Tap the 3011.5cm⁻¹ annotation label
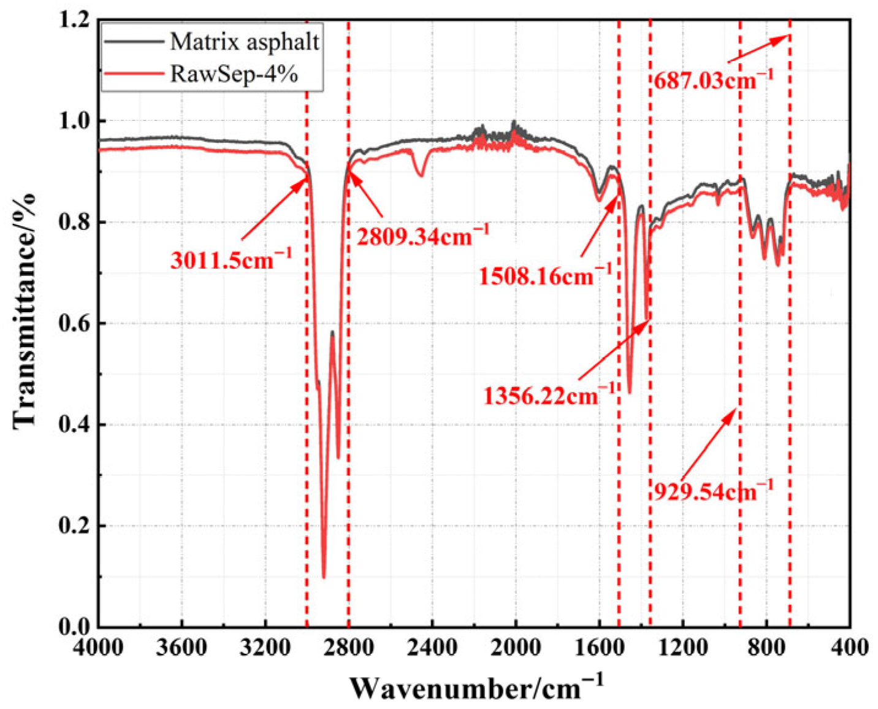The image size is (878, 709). click(x=231, y=261)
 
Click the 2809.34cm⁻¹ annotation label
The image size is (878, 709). click(x=423, y=236)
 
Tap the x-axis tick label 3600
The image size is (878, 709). click(x=181, y=648)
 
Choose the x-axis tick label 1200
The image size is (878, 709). click(x=682, y=648)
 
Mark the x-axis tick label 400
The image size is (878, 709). click(x=850, y=648)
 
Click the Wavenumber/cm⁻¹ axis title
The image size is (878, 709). click(x=476, y=687)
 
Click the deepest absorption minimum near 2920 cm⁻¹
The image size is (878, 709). click(x=324, y=575)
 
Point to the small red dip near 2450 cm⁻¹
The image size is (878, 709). click(x=420, y=175)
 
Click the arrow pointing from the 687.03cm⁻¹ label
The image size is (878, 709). click(x=758, y=49)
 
